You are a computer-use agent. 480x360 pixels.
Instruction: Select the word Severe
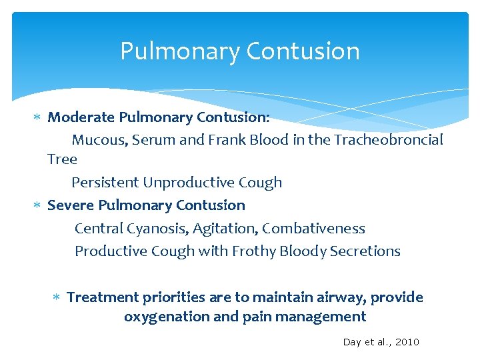pos(70,205)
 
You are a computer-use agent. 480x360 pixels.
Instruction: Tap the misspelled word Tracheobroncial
pos(389,140)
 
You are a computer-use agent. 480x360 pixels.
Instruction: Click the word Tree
pos(62,159)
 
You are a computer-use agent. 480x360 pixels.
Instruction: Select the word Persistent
pos(105,183)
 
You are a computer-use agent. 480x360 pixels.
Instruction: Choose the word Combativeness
pos(313,229)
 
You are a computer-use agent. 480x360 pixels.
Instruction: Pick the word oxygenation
pos(167,317)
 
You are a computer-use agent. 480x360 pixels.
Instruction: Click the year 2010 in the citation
pos(407,342)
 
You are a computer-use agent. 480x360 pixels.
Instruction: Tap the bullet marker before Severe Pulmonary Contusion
pos(38,205)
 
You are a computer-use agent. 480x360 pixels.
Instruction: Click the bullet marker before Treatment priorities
pos(57,297)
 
